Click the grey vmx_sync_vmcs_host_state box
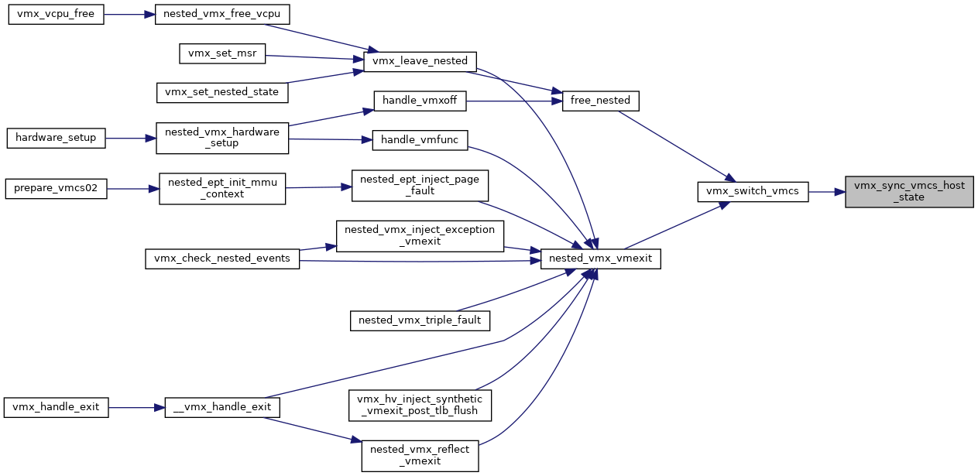(909, 191)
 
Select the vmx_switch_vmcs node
(753, 191)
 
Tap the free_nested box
(600, 101)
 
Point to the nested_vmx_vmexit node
(600, 259)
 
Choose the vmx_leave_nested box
(420, 61)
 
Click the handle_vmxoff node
(420, 101)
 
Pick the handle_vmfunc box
(420, 140)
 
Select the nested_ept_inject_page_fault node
(420, 186)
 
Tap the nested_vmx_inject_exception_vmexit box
(420, 236)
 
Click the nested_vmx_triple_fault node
(420, 320)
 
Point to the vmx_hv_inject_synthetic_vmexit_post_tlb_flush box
(420, 406)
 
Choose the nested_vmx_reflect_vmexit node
(420, 456)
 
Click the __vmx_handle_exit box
(222, 407)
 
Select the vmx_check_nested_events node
(222, 259)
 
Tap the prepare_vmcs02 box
(56, 189)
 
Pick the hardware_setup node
(56, 138)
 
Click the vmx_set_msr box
(222, 53)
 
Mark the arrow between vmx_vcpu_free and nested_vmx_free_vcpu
(129, 15)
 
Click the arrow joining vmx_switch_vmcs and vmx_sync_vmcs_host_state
(827, 191)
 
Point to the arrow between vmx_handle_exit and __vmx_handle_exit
(136, 407)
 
